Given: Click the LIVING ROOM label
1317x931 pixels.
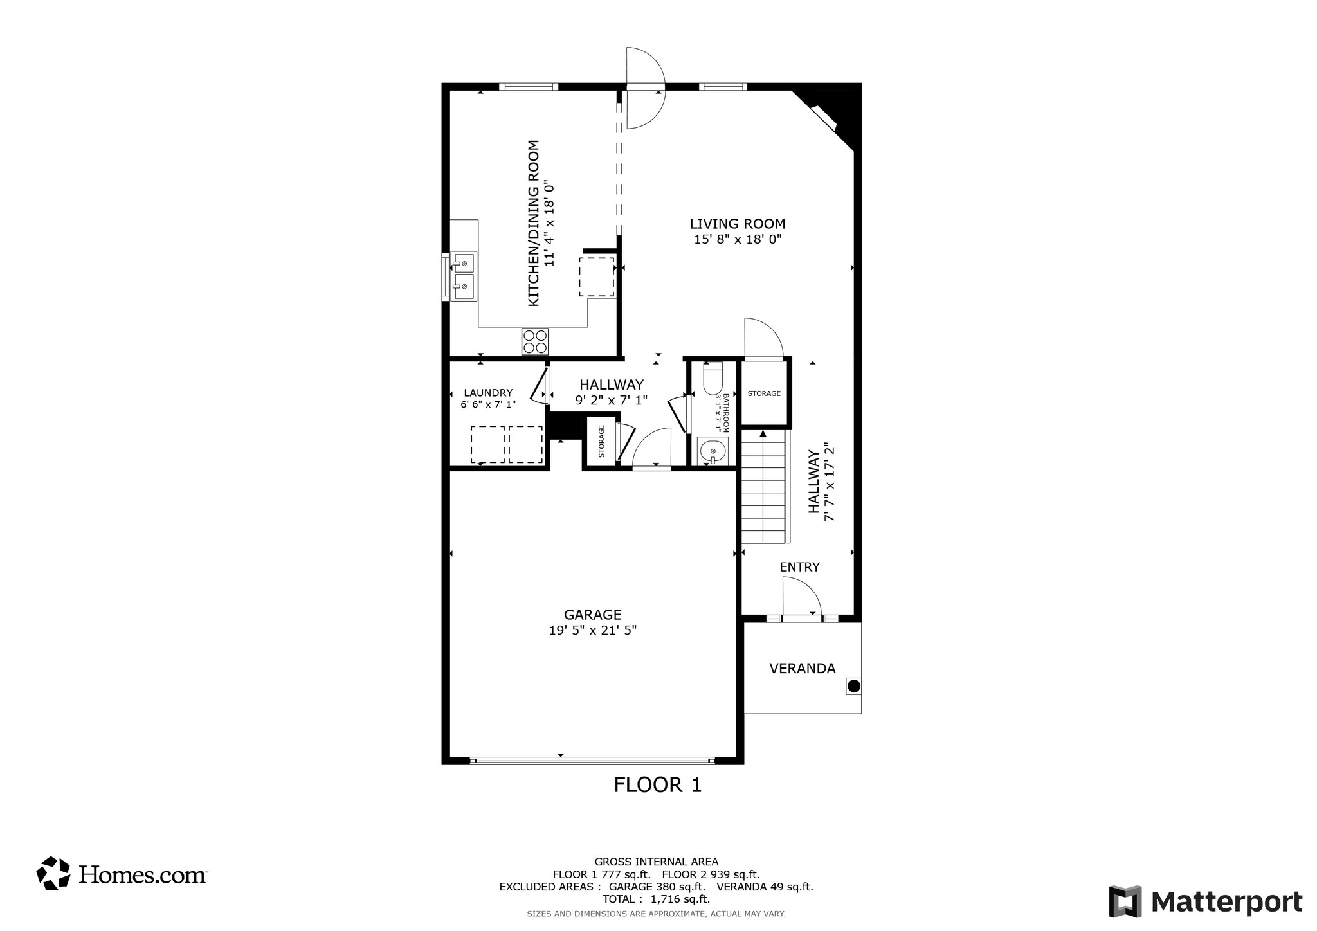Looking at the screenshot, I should [x=737, y=224].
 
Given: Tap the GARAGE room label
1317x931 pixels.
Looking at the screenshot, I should [x=592, y=615].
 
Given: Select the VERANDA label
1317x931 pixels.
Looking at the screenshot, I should [x=802, y=669].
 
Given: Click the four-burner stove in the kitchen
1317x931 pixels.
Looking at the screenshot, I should [x=535, y=341].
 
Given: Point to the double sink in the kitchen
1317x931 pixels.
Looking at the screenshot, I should [x=463, y=276].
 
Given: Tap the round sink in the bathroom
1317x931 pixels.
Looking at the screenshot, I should [x=713, y=451].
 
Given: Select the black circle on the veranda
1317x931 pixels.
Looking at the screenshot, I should [x=853, y=686].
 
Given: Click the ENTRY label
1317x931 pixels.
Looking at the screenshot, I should [x=799, y=567].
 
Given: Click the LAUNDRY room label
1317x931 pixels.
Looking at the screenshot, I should [x=488, y=393].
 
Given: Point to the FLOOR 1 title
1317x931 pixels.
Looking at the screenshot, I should [x=657, y=785].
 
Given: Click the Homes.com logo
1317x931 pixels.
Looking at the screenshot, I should [x=122, y=874].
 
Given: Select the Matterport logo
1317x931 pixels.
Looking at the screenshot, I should [x=1206, y=902].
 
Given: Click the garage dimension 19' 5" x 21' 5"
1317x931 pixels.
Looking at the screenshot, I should [x=592, y=631].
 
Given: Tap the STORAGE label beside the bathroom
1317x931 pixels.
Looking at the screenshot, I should [x=764, y=393].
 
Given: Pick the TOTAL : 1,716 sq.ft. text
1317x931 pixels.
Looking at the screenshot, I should [x=656, y=899].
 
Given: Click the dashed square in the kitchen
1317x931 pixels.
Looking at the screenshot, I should [x=596, y=277].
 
